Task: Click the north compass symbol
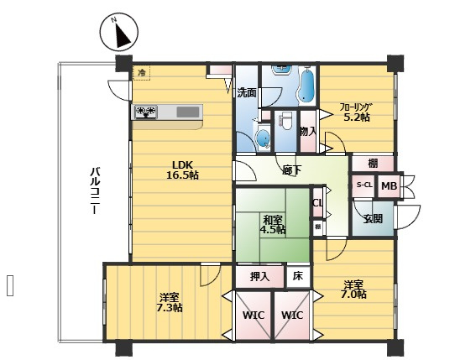119,32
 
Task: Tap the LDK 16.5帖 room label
182,170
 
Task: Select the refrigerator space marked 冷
141,72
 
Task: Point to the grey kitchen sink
188,112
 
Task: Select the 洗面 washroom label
246,92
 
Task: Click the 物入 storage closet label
308,132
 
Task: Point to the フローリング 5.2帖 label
356,112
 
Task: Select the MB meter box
390,185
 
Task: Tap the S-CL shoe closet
364,185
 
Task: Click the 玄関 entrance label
374,219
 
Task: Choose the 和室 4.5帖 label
273,225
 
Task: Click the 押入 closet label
259,277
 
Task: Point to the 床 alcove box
298,276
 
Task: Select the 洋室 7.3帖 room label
170,302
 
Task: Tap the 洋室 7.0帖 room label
353,289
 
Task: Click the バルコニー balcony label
95,190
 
